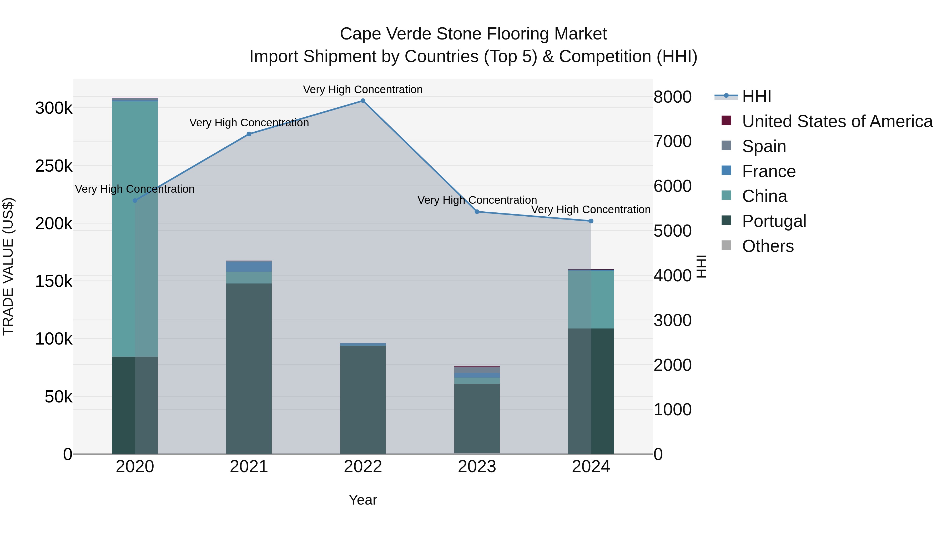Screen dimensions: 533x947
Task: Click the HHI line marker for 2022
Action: [x=363, y=101]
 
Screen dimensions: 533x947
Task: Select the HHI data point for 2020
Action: [x=135, y=201]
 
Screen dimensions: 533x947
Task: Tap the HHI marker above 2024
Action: [x=591, y=221]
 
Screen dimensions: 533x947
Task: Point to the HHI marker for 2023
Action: [x=477, y=212]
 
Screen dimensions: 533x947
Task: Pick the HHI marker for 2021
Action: [x=249, y=134]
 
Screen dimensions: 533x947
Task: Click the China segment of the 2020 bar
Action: [x=135, y=228]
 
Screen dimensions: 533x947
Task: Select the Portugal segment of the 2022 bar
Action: [x=363, y=399]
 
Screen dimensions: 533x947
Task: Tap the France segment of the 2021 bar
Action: [x=249, y=266]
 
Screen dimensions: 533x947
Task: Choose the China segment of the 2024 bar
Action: [x=591, y=300]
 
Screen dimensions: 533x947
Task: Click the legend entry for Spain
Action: [x=764, y=146]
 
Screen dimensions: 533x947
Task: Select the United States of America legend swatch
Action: [x=726, y=121]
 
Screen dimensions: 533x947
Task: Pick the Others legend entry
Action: [x=768, y=246]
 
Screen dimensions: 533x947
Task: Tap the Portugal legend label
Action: [x=774, y=221]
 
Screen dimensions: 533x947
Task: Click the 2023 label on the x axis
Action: [x=477, y=467]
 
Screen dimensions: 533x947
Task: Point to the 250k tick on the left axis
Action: [x=54, y=166]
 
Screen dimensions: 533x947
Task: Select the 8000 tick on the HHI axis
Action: [x=672, y=97]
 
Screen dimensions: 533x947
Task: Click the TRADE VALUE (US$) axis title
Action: [x=8, y=266]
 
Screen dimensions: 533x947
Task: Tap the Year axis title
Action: [x=363, y=500]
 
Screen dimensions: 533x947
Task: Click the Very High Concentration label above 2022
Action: [x=363, y=89]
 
